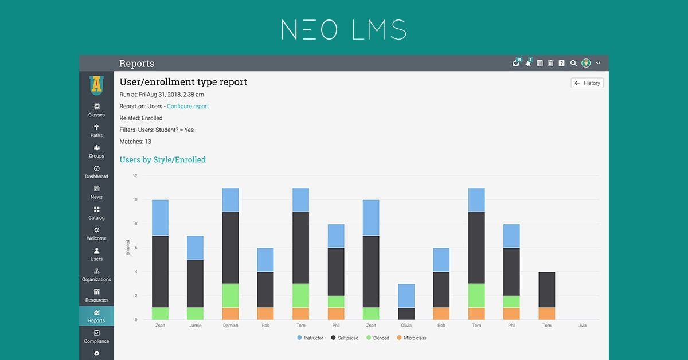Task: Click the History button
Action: click(x=587, y=83)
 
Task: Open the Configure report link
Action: click(x=187, y=106)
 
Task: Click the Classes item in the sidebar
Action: click(x=96, y=109)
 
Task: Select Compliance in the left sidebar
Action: click(x=96, y=336)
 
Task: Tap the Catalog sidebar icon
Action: click(x=96, y=213)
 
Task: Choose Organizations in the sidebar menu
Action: click(x=96, y=275)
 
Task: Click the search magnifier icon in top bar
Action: click(x=573, y=63)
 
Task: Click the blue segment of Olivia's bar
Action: click(x=406, y=296)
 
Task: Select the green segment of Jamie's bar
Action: click(x=195, y=314)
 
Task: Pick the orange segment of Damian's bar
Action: click(x=230, y=314)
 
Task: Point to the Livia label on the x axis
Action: click(x=582, y=326)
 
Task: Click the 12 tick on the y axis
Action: click(x=135, y=175)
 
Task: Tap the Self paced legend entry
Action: click(x=345, y=338)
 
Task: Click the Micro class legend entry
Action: click(x=412, y=338)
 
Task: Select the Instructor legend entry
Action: click(x=310, y=338)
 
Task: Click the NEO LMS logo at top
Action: click(x=344, y=30)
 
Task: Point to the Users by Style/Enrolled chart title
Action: click(x=162, y=160)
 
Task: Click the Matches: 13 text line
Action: click(x=135, y=142)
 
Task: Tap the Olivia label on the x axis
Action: click(x=406, y=326)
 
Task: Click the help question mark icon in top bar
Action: click(x=562, y=63)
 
